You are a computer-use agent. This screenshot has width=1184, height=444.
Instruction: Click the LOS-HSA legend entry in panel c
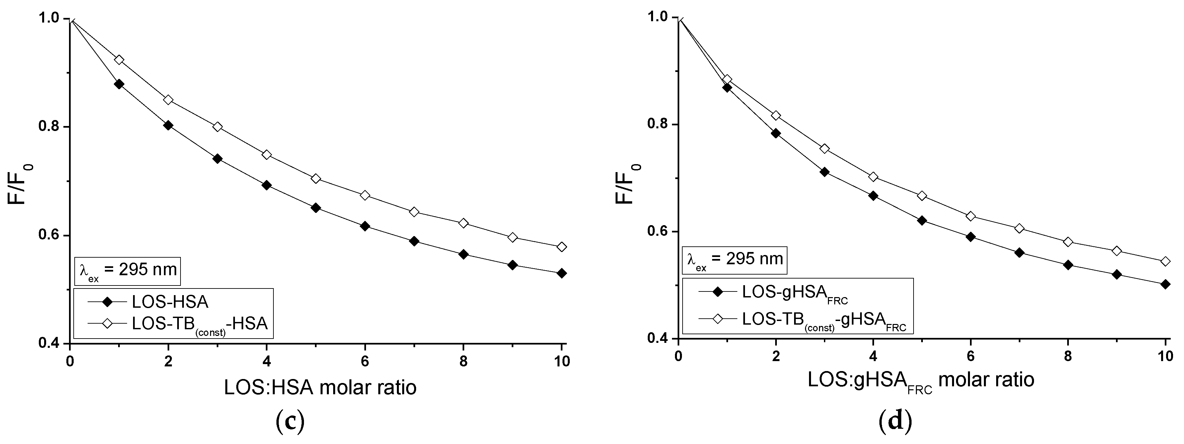(x=170, y=302)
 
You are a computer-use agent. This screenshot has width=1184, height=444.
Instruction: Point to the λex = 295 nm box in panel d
(x=734, y=260)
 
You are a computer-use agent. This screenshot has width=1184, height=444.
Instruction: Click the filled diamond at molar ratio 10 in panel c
(x=561, y=273)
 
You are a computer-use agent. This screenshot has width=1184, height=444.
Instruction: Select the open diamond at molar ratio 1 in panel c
(x=119, y=60)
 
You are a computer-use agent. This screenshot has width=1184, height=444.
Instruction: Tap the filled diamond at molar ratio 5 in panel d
(x=922, y=221)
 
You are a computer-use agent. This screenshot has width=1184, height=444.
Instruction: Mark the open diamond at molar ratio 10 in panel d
(x=1165, y=262)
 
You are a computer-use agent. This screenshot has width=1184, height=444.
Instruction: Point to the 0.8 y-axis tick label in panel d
(x=659, y=124)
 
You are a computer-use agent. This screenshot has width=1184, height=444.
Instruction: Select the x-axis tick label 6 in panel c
(x=364, y=361)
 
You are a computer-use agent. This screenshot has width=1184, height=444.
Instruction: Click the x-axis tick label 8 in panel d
(x=1068, y=357)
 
